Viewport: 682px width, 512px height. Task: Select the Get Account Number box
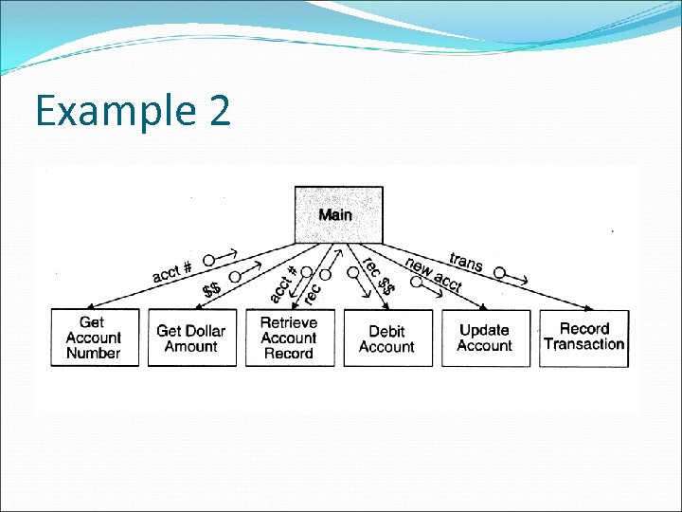[93, 338]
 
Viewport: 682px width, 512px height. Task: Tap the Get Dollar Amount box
[190, 338]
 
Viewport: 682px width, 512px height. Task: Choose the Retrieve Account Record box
[288, 338]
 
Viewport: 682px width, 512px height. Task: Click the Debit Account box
[386, 338]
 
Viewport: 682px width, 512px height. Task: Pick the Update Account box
[484, 338]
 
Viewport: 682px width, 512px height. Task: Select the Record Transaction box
[583, 337]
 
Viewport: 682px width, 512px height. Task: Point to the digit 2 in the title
[216, 111]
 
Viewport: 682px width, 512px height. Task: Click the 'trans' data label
[466, 261]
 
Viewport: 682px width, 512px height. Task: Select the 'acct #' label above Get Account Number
[172, 271]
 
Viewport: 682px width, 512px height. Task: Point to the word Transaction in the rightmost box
[583, 344]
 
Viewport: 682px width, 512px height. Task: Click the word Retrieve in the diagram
[289, 322]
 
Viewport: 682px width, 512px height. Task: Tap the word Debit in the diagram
[386, 331]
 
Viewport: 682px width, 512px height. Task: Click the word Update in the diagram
[484, 330]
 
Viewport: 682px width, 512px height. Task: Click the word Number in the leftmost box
[93, 353]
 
